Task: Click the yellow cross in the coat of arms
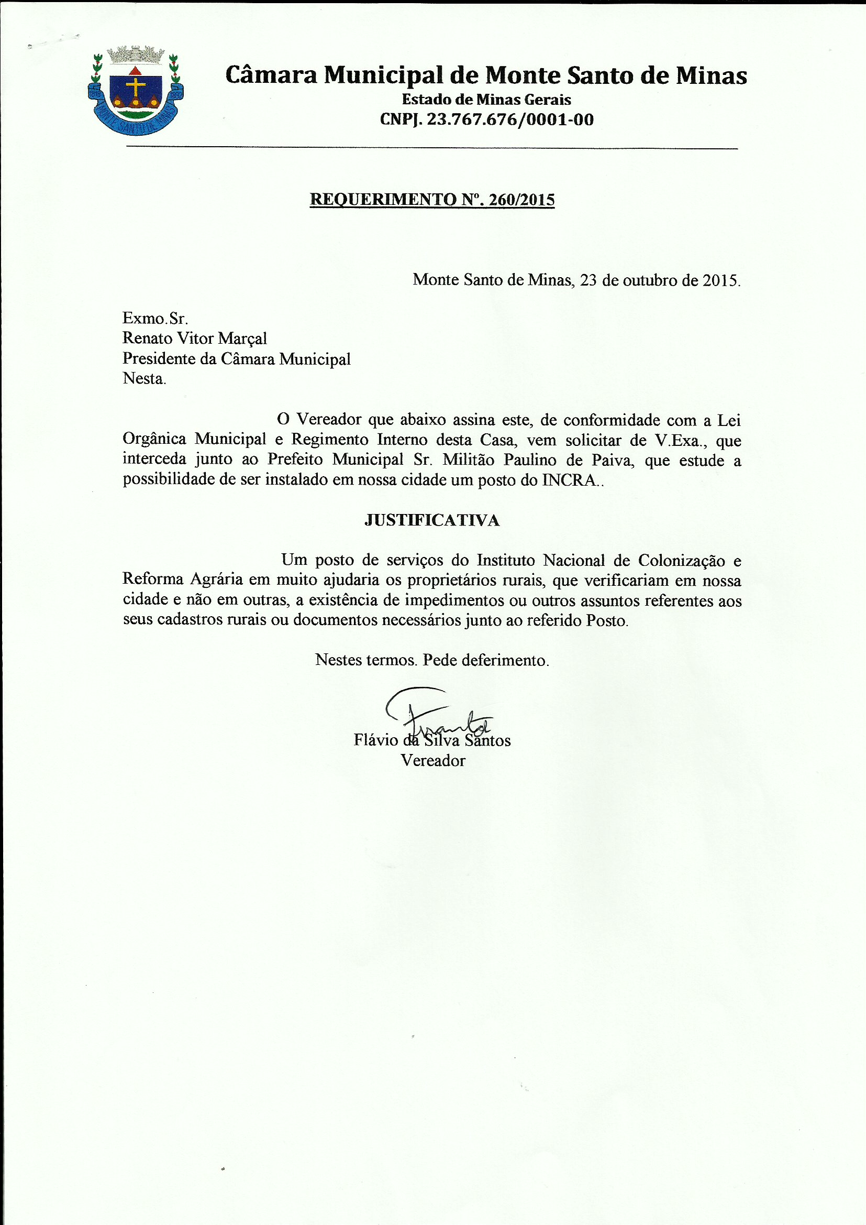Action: point(136,88)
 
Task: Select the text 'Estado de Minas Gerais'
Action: point(486,100)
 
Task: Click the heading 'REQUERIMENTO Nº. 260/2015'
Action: point(432,200)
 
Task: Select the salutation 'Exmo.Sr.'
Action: point(155,318)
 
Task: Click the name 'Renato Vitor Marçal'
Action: point(195,338)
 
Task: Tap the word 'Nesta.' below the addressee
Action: point(144,378)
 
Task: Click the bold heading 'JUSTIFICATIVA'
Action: point(432,520)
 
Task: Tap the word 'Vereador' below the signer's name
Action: point(433,760)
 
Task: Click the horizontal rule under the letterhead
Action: point(432,147)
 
